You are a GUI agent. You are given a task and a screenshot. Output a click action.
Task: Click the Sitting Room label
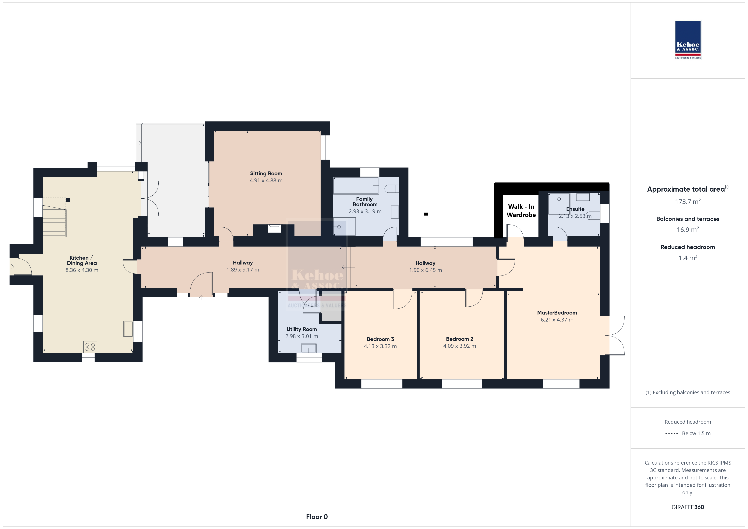point(266,174)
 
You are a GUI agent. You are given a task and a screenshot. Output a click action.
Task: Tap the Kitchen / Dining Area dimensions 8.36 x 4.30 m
point(82,270)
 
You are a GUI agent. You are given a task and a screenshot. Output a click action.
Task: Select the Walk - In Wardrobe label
point(521,211)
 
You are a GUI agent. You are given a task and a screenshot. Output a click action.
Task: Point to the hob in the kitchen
point(90,347)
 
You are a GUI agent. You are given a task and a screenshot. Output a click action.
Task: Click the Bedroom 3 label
point(380,339)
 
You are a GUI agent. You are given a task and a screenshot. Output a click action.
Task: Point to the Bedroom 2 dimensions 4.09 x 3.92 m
point(459,346)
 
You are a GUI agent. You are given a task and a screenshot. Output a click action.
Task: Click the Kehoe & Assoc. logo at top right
point(688,40)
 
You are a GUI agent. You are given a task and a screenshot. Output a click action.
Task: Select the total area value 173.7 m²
point(688,202)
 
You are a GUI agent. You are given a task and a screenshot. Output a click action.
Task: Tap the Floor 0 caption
point(317,517)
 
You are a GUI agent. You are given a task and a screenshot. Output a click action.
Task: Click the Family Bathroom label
point(365,202)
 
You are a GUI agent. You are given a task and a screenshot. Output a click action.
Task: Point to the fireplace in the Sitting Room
point(274,228)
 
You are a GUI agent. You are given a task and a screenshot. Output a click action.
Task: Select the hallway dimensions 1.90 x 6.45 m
point(426,270)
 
